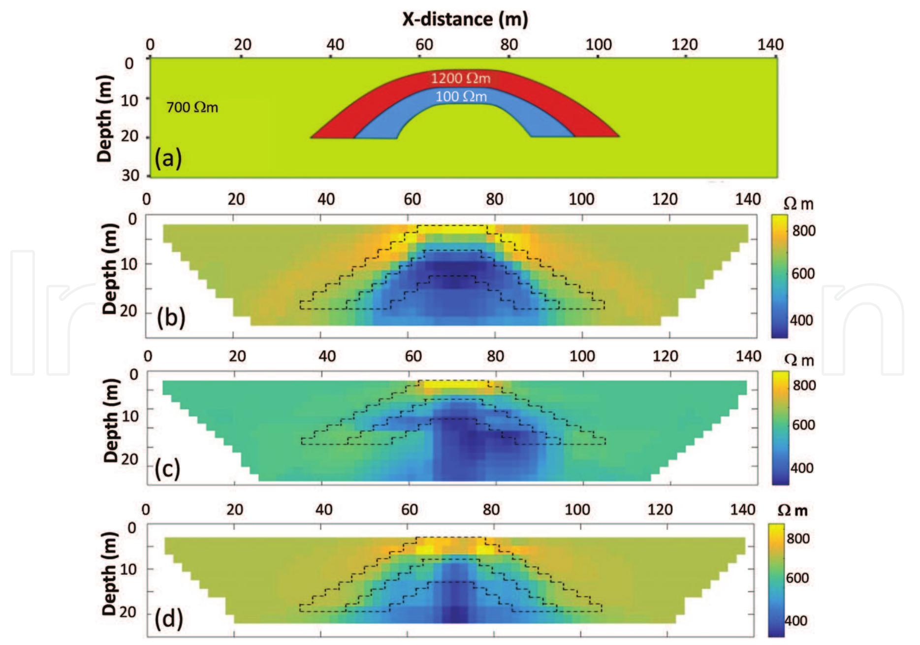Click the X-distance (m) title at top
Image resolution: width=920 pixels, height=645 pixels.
465,19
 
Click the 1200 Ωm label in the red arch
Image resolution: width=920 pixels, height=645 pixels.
461,78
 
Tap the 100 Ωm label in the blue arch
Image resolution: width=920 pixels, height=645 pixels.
461,97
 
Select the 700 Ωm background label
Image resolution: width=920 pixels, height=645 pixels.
192,107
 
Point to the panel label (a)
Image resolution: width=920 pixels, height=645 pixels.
168,159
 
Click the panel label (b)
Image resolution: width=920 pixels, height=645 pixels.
171,317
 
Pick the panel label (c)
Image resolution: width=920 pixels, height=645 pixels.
167,469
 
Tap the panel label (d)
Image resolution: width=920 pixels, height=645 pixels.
169,618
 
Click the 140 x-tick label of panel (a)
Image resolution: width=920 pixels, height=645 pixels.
770,45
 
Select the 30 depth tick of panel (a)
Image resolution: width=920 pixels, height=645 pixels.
130,175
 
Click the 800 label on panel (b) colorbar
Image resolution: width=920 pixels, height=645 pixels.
803,230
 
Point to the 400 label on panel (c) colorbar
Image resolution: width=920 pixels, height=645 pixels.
801,468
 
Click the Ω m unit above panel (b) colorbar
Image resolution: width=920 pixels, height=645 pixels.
798,204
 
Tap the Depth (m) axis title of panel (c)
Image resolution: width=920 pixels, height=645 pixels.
111,420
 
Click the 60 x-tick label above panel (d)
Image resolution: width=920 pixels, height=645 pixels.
410,510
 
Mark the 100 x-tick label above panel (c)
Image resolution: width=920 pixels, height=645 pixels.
582,356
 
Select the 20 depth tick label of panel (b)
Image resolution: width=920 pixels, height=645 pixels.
128,312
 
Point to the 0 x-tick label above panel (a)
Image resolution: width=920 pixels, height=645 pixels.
150,45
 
